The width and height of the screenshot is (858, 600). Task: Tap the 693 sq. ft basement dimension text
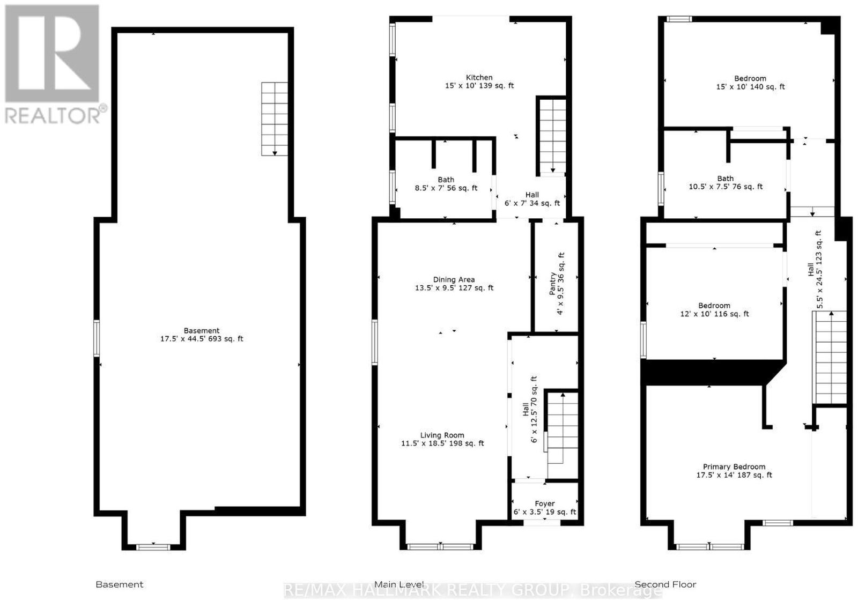(202, 338)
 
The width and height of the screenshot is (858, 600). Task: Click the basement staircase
(275, 118)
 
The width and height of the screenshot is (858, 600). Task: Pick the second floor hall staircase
(830, 357)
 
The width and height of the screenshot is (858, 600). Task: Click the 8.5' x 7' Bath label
(446, 184)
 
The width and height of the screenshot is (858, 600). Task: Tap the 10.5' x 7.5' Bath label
(726, 183)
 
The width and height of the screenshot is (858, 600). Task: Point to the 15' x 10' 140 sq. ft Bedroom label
(750, 83)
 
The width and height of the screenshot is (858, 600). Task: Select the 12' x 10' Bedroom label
(714, 310)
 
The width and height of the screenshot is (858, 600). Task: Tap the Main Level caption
(399, 584)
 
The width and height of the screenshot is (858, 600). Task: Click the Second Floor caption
(665, 584)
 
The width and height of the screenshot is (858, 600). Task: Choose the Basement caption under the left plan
(120, 584)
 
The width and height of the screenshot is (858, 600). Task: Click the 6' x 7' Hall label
(532, 199)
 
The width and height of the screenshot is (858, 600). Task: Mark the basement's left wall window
(97, 338)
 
